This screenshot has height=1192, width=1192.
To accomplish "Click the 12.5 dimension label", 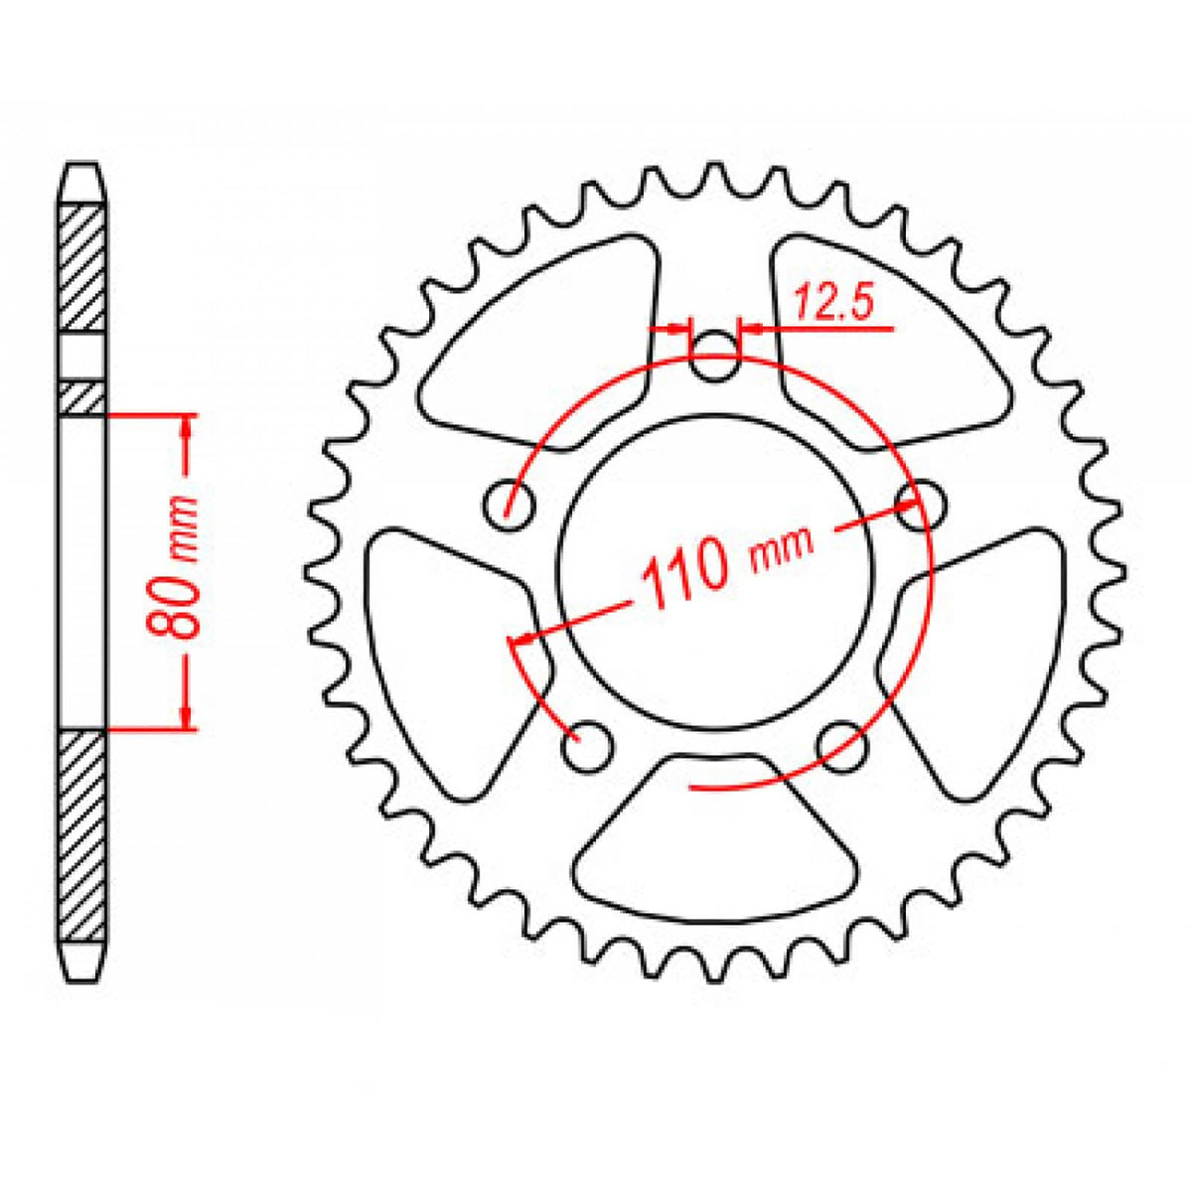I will [x=832, y=304].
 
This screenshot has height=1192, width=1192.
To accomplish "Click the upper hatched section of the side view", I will [x=82, y=266].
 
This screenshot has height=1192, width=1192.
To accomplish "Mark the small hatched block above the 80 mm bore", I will [x=82, y=397].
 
